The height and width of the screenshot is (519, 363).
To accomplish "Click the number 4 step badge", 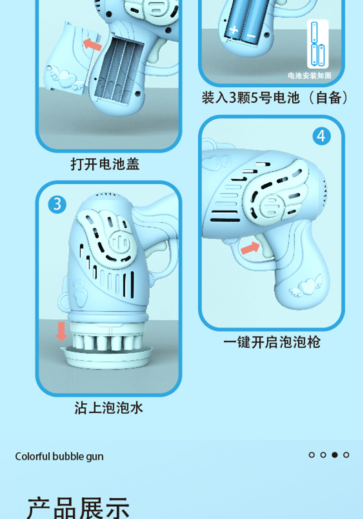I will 322,136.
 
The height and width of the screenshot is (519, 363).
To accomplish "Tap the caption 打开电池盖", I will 105,164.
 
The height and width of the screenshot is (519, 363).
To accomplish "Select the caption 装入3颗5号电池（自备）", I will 275,97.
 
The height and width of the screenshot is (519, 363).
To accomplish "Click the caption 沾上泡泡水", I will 109,407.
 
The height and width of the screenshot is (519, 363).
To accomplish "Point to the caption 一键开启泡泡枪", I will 272,342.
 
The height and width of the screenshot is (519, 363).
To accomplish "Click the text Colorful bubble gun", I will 59,456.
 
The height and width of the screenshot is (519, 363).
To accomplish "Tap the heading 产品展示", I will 78,507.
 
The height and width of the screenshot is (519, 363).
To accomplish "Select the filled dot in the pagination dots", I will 335,455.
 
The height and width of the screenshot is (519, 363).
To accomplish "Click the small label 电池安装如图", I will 309,75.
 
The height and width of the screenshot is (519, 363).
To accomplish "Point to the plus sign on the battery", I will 234,31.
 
